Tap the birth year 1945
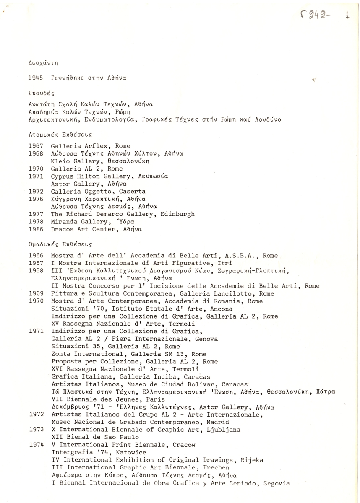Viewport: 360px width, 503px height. [x=36, y=78]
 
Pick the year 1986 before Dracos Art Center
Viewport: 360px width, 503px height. [x=36, y=229]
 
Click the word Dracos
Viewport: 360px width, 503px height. [x=62, y=229]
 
